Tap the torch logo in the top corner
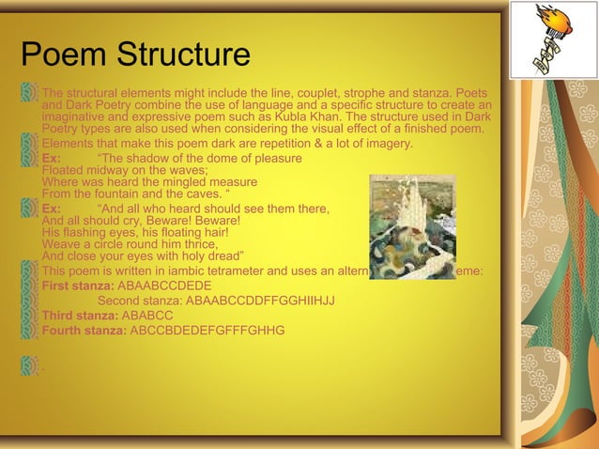tap(552, 40)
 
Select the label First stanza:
tap(77, 286)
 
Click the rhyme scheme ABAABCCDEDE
tap(163, 286)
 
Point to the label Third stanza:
tap(80, 316)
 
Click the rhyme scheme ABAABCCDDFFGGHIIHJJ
tap(261, 301)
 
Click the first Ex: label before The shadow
tap(52, 158)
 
